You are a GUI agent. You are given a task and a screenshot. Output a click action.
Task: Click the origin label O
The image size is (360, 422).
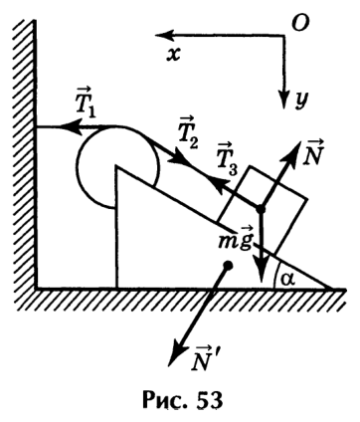[300, 23]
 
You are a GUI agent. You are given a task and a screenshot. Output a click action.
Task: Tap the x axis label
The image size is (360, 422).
[173, 55]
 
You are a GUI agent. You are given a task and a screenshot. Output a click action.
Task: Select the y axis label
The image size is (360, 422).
[302, 100]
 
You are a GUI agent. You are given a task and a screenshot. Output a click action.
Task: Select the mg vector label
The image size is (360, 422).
[236, 241]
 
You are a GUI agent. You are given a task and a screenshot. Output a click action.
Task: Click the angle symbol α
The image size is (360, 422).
[285, 280]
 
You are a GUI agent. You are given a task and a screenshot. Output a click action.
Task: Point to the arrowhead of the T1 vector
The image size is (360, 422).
[71, 126]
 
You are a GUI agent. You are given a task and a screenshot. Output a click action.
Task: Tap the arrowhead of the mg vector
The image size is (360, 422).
[262, 272]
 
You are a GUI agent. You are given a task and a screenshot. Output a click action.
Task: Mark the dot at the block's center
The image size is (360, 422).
[261, 209]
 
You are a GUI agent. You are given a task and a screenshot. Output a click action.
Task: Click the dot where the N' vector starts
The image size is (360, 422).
[228, 265]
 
